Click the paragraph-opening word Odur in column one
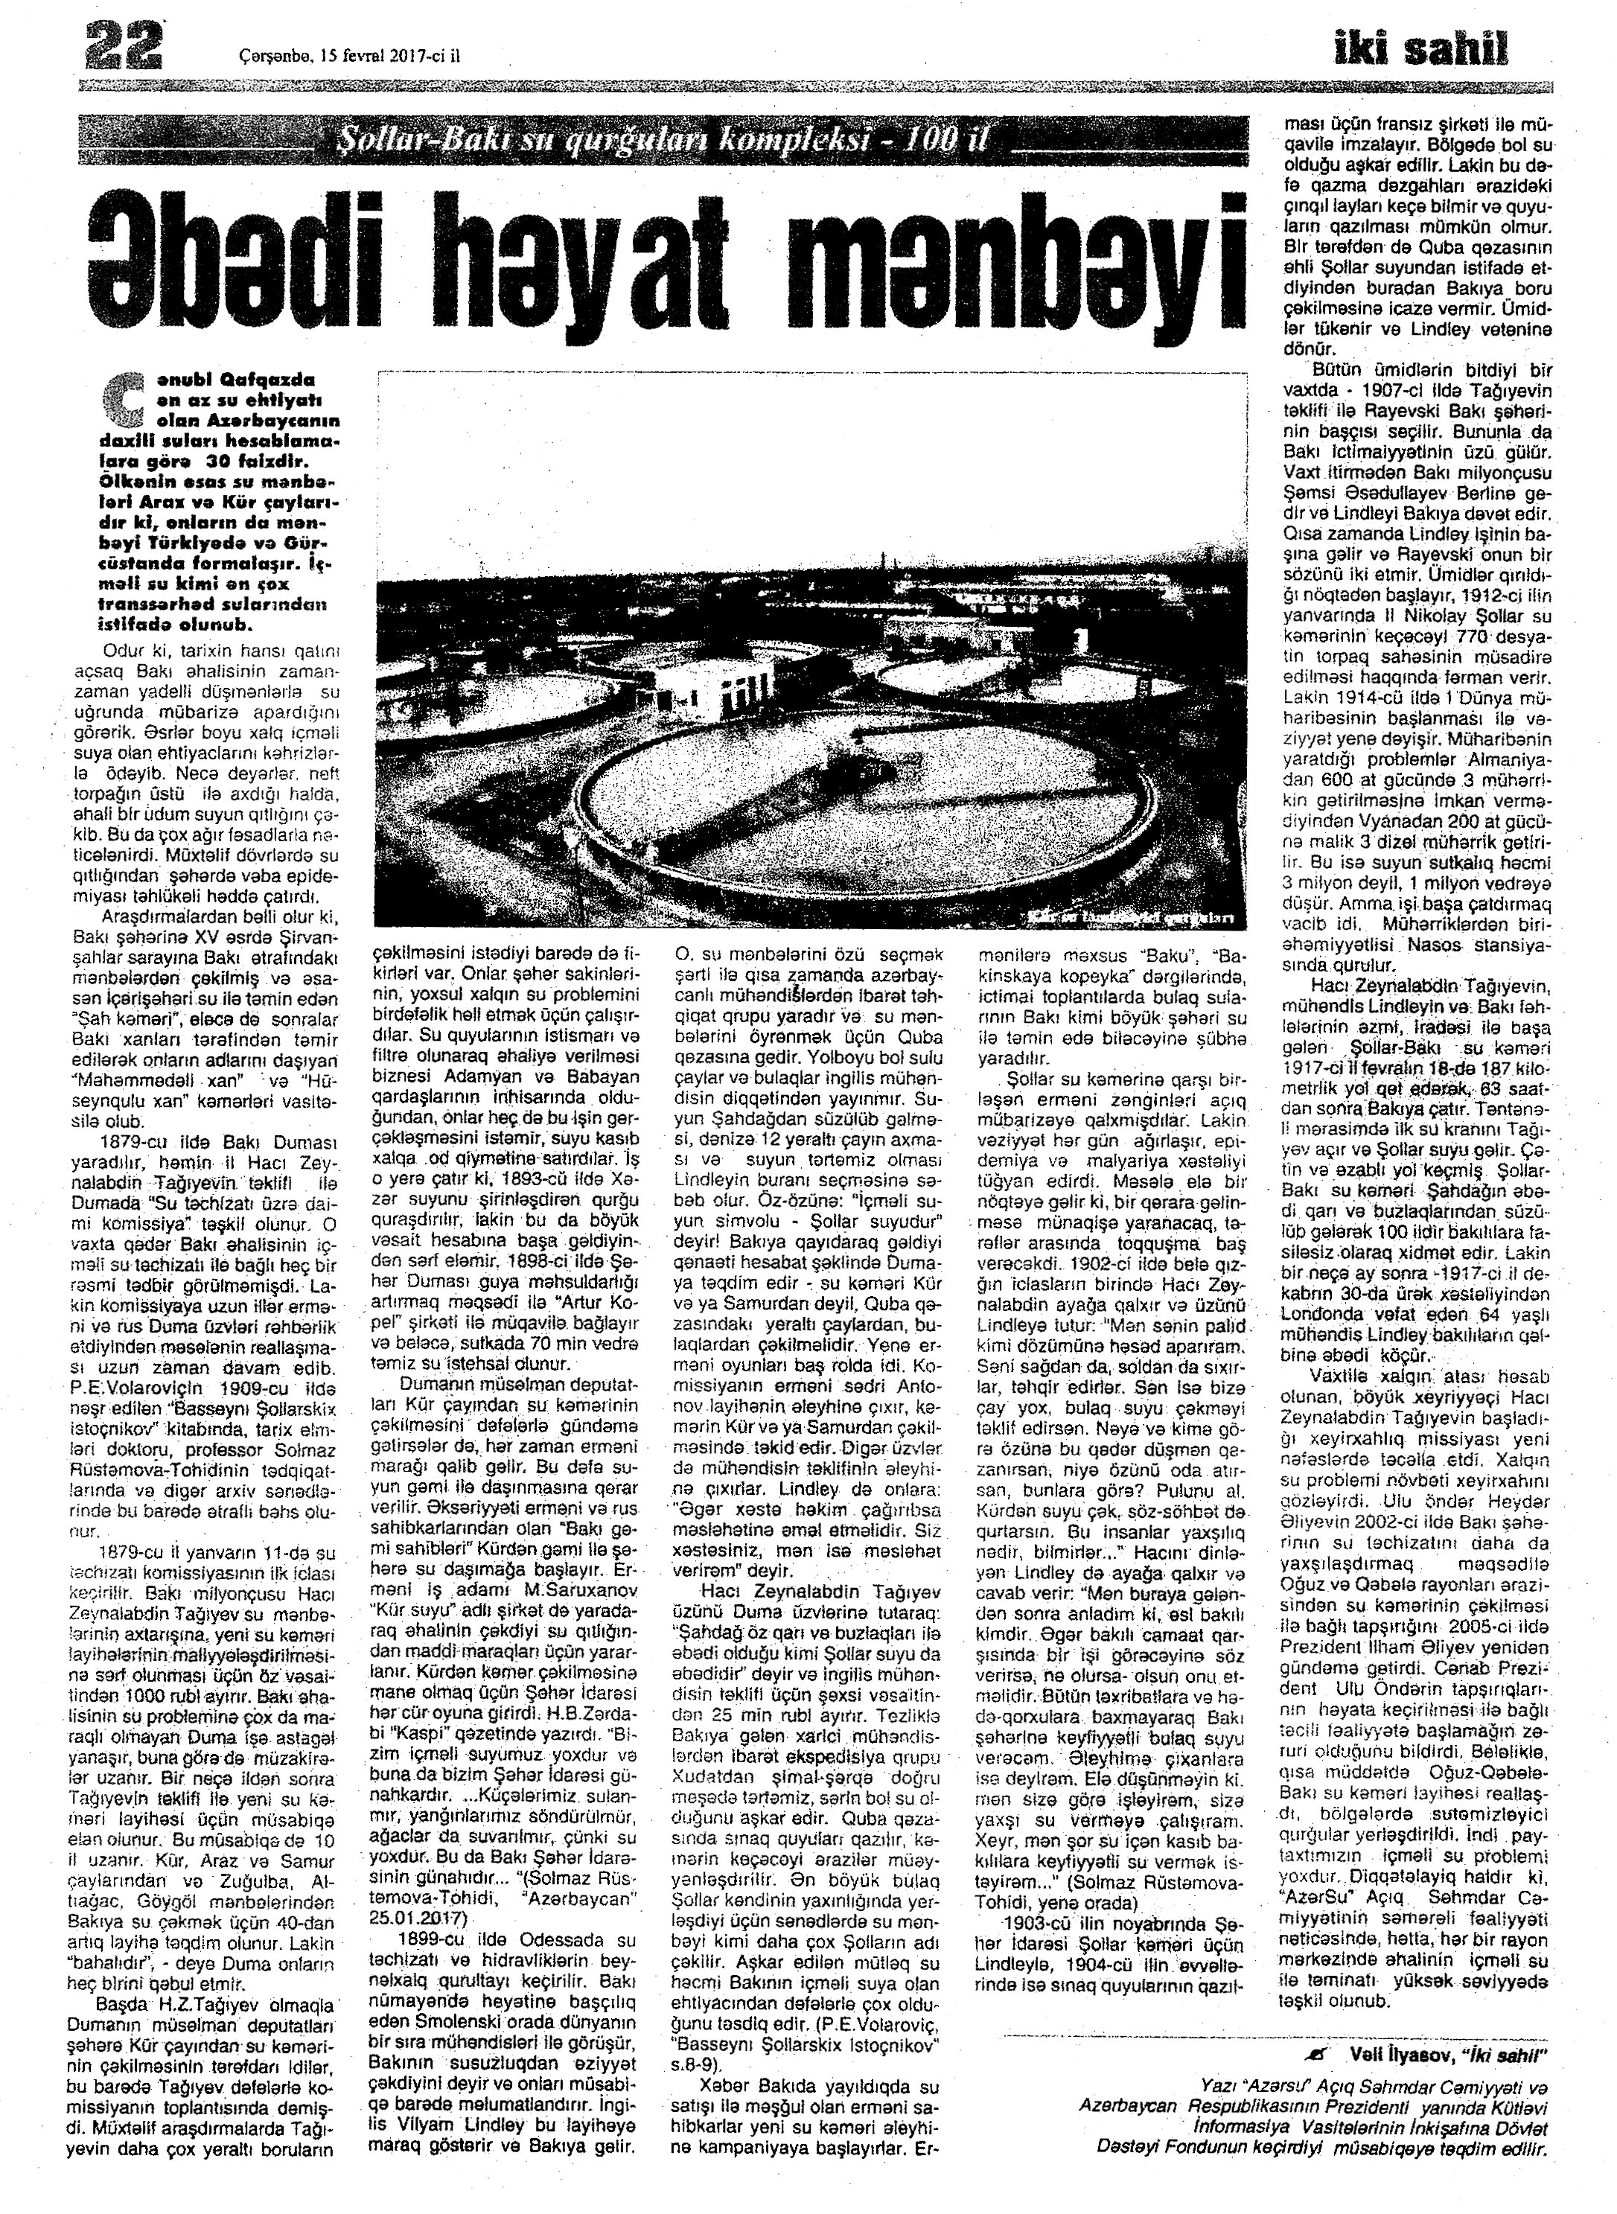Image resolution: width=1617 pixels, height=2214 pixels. tap(122, 649)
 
